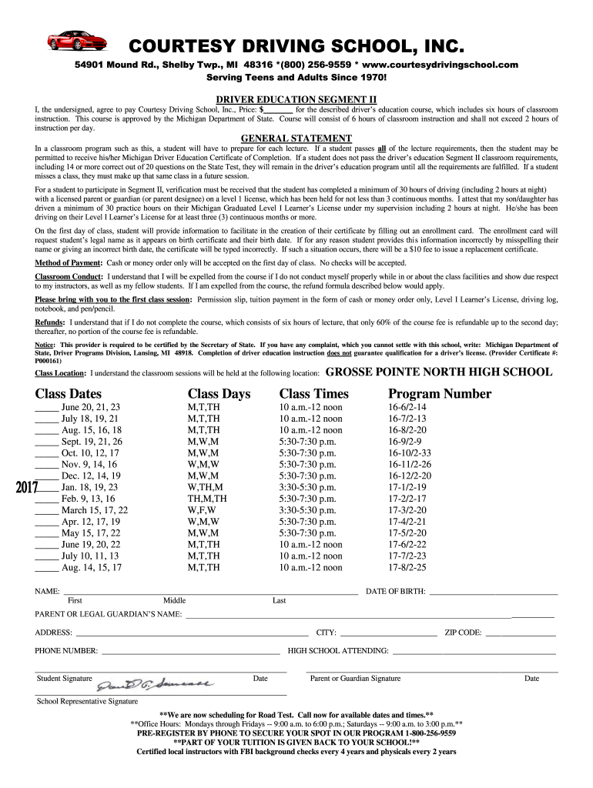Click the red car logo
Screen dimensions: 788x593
(x=75, y=40)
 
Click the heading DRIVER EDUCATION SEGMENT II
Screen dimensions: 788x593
(x=296, y=100)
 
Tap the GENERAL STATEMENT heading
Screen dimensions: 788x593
(x=296, y=139)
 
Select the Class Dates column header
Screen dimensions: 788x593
(x=69, y=394)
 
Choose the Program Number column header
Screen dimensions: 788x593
(x=439, y=394)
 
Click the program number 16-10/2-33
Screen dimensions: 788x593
(x=409, y=453)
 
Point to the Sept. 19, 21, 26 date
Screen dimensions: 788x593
(x=92, y=442)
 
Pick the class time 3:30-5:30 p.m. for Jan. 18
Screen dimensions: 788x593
(x=307, y=487)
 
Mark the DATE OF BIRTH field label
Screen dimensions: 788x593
(x=396, y=591)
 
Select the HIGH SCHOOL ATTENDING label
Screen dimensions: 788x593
(x=338, y=651)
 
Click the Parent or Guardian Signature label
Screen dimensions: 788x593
(x=355, y=679)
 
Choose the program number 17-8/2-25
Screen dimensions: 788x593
(x=407, y=568)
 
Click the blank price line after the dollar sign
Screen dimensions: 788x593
(x=279, y=110)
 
